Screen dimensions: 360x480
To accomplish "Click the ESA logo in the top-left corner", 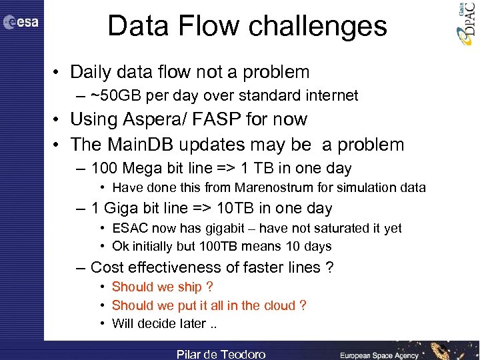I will tap(21, 22).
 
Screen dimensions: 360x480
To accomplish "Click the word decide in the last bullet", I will tap(159, 324).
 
